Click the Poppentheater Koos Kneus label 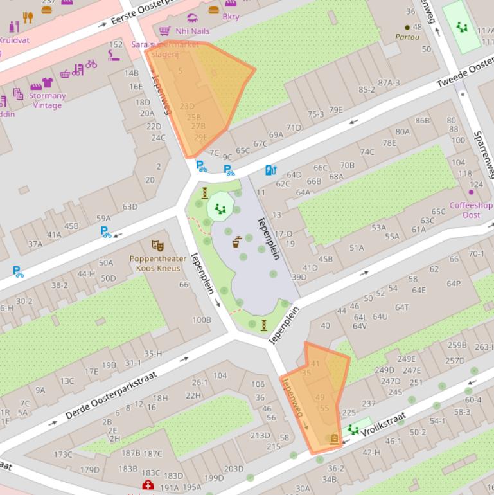157,264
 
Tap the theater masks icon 157,246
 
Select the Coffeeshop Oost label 471,210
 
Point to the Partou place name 408,38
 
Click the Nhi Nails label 192,31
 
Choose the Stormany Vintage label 48,100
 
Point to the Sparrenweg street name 482,155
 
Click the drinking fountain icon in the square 237,242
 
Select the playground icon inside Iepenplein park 220,208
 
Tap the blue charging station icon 270,170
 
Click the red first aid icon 148,485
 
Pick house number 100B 201,319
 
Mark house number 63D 130,206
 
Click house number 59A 103,218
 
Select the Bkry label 231,17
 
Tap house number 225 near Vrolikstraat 349,412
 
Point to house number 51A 357,248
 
